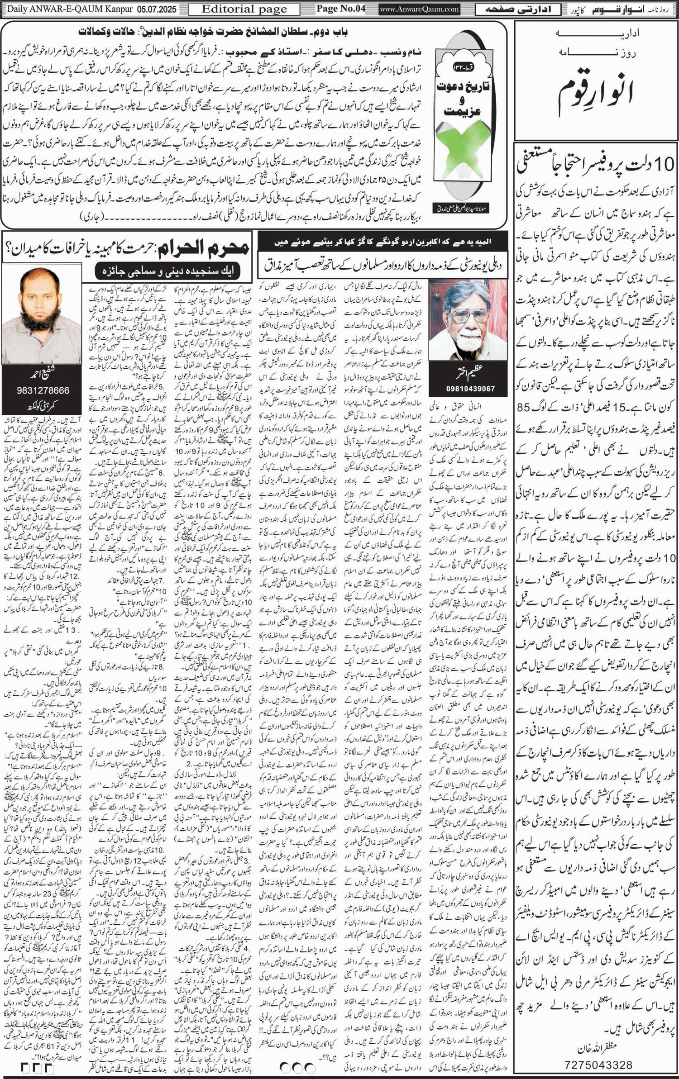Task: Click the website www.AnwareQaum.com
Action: (x=420, y=9)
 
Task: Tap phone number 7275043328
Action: (x=598, y=1061)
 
